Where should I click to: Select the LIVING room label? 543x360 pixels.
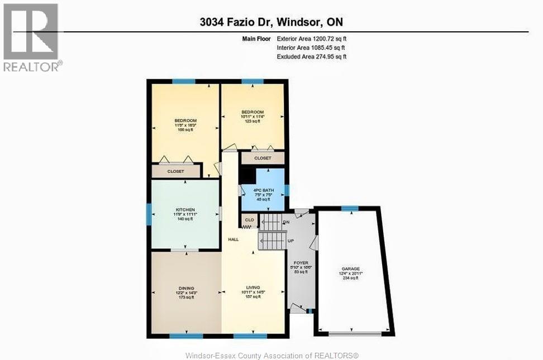pyautogui.click(x=253, y=287)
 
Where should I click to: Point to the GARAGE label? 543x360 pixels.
pyautogui.click(x=351, y=268)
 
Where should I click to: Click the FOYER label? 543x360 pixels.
pyautogui.click(x=301, y=262)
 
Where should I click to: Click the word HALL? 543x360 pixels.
pyautogui.click(x=234, y=239)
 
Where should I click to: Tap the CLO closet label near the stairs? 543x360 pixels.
pyautogui.click(x=249, y=220)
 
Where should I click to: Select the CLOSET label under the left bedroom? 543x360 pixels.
pyautogui.click(x=175, y=171)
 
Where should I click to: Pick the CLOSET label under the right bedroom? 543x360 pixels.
pyautogui.click(x=263, y=158)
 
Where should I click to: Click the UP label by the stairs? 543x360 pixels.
pyautogui.click(x=290, y=241)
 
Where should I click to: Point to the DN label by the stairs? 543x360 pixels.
pyautogui.click(x=287, y=222)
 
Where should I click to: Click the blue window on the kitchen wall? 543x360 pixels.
pyautogui.click(x=149, y=214)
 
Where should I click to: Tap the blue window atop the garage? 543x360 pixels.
pyautogui.click(x=350, y=208)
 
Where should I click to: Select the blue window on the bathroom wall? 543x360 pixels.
pyautogui.click(x=287, y=190)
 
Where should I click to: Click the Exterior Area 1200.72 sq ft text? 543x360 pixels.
pyautogui.click(x=312, y=39)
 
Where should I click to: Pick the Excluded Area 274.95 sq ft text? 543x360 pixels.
pyautogui.click(x=312, y=57)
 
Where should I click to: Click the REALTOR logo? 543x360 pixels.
pyautogui.click(x=31, y=37)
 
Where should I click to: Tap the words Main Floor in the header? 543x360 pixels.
pyautogui.click(x=256, y=39)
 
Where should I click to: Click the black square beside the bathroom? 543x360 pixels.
pyautogui.click(x=245, y=175)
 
